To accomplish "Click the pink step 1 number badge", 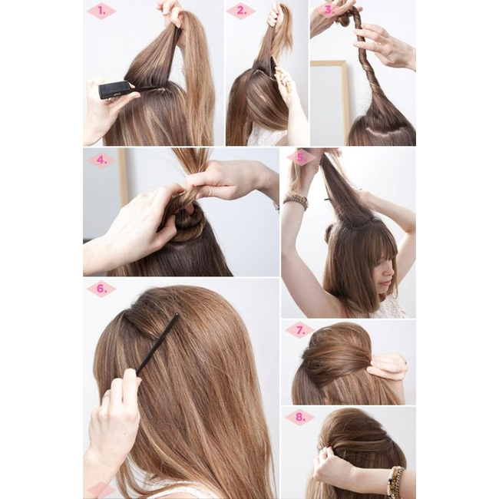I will (x=101, y=12).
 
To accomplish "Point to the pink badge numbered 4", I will (x=101, y=160).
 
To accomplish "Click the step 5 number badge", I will (x=300, y=158).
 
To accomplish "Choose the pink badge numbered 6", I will (x=101, y=289).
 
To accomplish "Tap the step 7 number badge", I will (x=299, y=330).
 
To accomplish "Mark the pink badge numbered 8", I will (x=299, y=417).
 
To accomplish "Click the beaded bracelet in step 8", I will (x=395, y=482).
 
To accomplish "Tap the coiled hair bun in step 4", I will (x=187, y=223).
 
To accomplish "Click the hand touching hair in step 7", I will (x=388, y=366).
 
